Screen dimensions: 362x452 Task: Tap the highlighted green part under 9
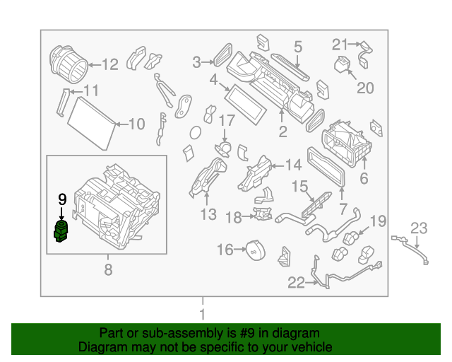pos(61,230)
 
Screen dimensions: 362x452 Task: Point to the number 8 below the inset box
pos(108,269)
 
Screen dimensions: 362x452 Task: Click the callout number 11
pos(91,91)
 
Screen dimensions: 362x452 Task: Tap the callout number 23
pos(420,228)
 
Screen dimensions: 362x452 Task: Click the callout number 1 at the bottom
pos(203,314)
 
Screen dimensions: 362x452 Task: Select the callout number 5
pos(298,47)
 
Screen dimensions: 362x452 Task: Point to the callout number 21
pos(340,45)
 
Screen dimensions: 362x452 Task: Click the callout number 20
pos(364,88)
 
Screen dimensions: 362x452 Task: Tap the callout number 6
pos(364,179)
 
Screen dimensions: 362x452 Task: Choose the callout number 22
pos(296,283)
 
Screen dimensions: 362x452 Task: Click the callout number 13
pos(209,214)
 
